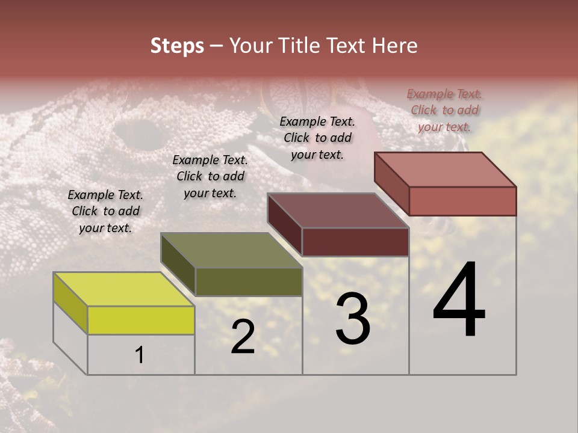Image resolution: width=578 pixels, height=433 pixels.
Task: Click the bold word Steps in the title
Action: tap(177, 46)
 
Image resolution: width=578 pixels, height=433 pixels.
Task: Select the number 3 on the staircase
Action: tap(353, 318)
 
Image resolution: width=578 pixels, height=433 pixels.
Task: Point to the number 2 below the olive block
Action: tap(243, 337)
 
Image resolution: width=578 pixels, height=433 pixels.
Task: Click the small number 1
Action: tap(140, 355)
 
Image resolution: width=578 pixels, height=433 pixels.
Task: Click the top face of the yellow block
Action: tap(124, 289)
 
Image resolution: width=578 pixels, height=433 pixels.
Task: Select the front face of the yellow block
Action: tap(141, 320)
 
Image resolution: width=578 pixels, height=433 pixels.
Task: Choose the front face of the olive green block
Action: tap(249, 281)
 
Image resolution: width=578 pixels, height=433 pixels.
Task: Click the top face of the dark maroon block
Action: tap(338, 210)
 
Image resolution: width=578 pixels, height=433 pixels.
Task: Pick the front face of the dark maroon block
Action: tap(355, 242)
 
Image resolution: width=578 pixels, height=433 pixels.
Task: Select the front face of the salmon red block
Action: tap(462, 201)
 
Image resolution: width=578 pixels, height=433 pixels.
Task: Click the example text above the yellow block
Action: tap(105, 211)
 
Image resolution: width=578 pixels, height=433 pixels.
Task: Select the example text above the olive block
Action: tap(210, 176)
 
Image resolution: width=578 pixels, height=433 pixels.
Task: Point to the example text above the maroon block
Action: tap(317, 138)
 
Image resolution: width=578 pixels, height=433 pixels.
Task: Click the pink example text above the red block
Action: tap(444, 110)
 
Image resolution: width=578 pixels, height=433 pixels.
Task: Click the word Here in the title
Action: tap(396, 46)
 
